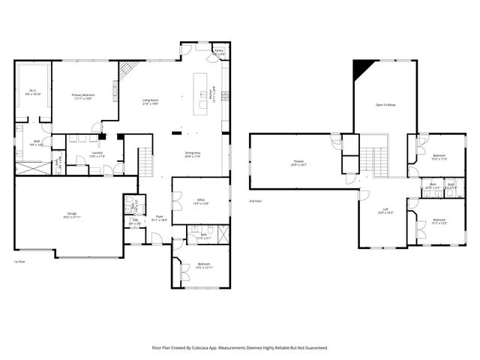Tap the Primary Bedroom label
click(x=85, y=97)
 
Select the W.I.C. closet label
click(x=33, y=93)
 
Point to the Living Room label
click(x=150, y=101)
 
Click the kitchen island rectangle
click(x=199, y=94)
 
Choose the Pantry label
click(x=219, y=53)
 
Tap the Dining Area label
click(x=193, y=154)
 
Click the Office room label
click(x=201, y=201)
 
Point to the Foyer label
click(x=160, y=218)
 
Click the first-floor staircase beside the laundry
click(x=145, y=160)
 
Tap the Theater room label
click(x=298, y=163)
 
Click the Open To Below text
click(x=385, y=106)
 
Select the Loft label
click(x=385, y=211)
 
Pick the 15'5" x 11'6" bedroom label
click(x=439, y=158)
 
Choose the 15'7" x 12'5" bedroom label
click(x=439, y=221)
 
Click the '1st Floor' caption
click(x=20, y=262)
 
